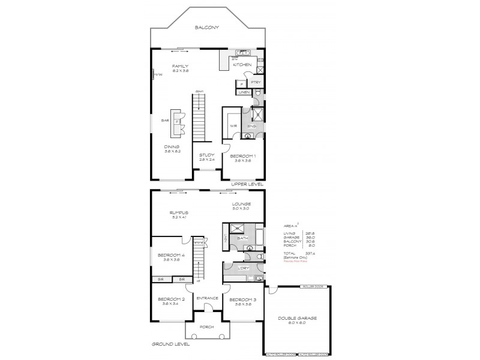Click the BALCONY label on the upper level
click(x=206, y=28)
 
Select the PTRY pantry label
click(x=254, y=82)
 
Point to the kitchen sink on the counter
click(x=243, y=53)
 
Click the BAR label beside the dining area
click(x=164, y=121)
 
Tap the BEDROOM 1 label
click(x=242, y=157)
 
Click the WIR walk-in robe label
click(x=233, y=126)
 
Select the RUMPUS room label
click(x=179, y=212)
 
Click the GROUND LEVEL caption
click(x=170, y=344)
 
